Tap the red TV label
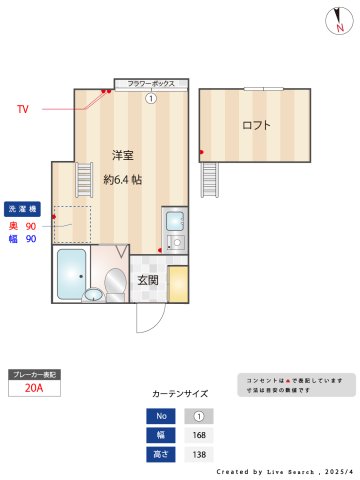[23, 108]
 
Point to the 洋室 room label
[124, 155]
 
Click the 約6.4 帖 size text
[124, 180]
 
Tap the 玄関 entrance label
[147, 280]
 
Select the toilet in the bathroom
[114, 283]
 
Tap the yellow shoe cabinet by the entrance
[178, 283]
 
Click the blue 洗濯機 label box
[23, 209]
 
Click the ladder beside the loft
[209, 180]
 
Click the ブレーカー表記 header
[34, 374]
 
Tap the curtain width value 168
[198, 435]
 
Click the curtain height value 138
[198, 454]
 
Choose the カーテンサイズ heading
[180, 394]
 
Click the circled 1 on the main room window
[151, 98]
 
